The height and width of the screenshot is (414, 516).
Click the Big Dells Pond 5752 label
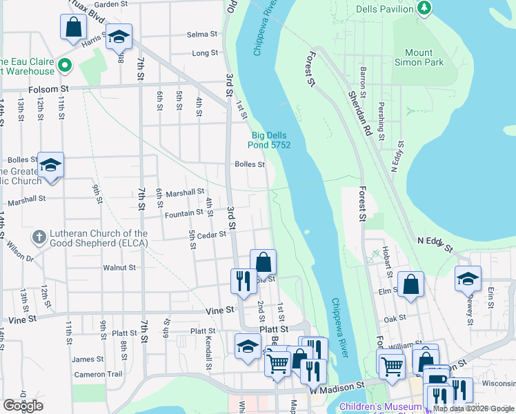coord(270,140)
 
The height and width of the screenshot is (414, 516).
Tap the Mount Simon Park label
coord(419,57)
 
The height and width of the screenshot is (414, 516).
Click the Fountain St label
coord(183,214)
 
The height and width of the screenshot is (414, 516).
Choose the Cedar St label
coord(212,235)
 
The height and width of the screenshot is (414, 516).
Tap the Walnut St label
coord(119,267)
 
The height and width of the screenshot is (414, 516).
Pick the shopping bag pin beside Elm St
coord(410,284)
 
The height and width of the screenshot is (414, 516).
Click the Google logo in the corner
coord(23,406)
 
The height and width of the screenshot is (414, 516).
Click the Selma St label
coord(202,34)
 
